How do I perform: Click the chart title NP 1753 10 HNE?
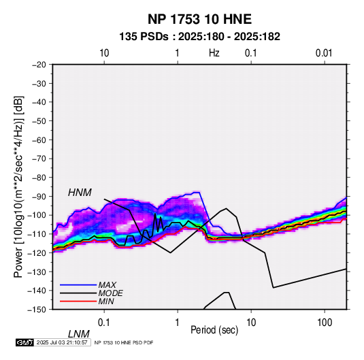tap(199, 19)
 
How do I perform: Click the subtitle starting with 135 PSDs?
tap(199, 37)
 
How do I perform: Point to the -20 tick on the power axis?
tap(39, 65)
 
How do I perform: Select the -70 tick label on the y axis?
tap(39, 159)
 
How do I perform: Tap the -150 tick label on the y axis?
tap(37, 310)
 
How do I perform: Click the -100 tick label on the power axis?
tap(37, 215)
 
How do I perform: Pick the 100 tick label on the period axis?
tap(325, 323)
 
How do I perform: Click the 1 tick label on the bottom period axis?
tap(178, 323)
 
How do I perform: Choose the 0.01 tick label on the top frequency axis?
tap(324, 53)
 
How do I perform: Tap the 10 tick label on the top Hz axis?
tap(104, 53)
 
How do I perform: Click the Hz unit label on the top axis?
tap(214, 53)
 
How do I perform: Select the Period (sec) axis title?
tap(214, 330)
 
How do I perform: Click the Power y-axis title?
tap(18, 186)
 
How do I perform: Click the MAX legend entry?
tap(107, 285)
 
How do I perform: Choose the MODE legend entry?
tap(110, 293)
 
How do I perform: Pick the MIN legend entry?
tap(106, 301)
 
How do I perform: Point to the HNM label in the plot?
tap(80, 193)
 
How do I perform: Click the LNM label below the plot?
tap(79, 334)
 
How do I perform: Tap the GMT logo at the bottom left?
tap(25, 342)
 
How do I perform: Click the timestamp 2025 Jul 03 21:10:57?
tap(62, 342)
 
